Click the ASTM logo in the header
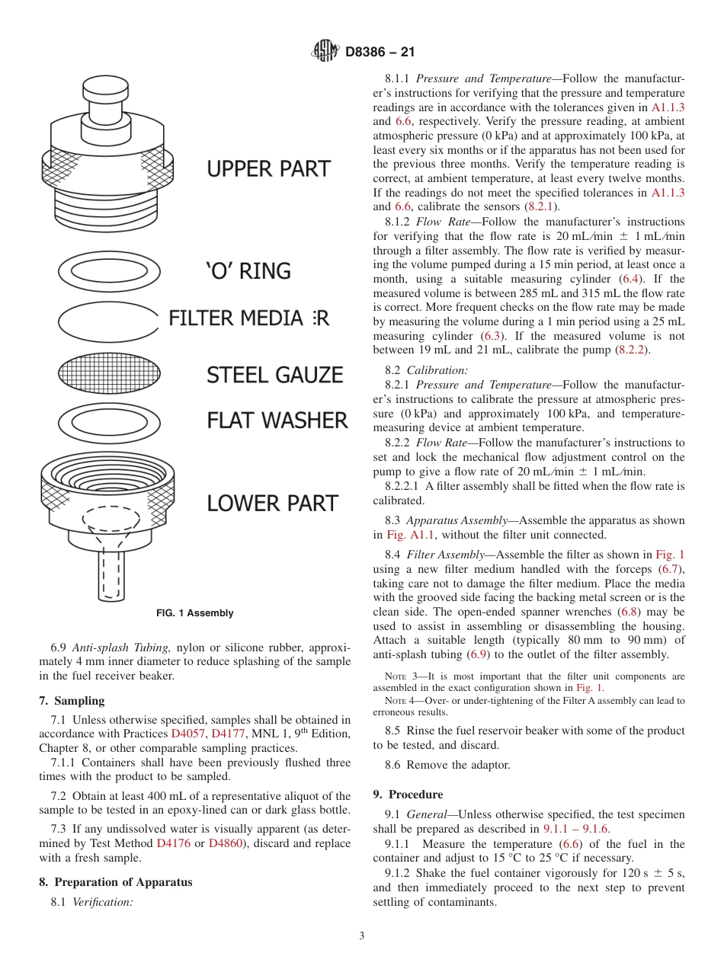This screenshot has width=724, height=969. click(x=326, y=52)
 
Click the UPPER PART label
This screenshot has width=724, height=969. click(x=269, y=169)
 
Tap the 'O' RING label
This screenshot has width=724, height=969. click(x=248, y=271)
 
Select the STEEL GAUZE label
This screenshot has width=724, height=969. click(x=275, y=375)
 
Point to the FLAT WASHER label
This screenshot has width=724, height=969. click(x=277, y=421)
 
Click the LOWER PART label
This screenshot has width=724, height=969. click(x=272, y=504)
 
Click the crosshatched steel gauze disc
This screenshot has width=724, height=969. click(x=110, y=374)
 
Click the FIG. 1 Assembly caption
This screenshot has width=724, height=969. click(x=195, y=613)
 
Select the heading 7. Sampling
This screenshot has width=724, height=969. click(x=72, y=701)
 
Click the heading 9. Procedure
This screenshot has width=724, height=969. click(x=408, y=795)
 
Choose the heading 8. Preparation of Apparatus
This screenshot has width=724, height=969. click(x=115, y=882)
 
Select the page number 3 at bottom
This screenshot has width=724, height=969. click(x=361, y=936)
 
